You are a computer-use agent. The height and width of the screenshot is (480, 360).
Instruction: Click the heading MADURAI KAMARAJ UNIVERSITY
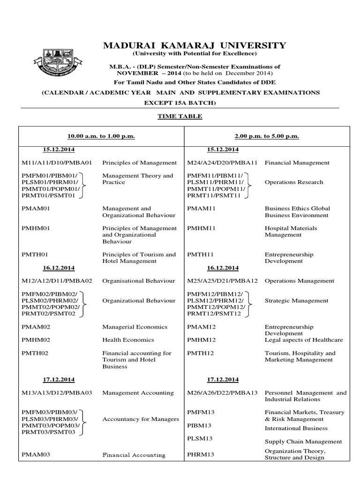pyautogui.click(x=194, y=45)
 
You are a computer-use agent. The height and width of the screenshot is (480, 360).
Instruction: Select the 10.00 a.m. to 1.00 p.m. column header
pyautogui.click(x=101, y=136)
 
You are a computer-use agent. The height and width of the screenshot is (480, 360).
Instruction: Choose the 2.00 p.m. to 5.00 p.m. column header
pyautogui.click(x=267, y=136)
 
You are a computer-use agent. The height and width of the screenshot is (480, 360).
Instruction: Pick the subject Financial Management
pyautogui.click(x=297, y=163)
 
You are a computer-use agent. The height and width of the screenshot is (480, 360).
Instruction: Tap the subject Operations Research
pyautogui.click(x=294, y=182)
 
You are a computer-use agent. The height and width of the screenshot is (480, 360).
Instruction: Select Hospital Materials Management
pyautogui.click(x=291, y=232)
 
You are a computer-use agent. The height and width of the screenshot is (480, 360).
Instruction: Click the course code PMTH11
pyautogui.click(x=201, y=255)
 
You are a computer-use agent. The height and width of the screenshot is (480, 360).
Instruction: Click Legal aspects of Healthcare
pyautogui.click(x=304, y=340)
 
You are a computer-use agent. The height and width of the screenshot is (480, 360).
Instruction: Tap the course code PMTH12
pyautogui.click(x=201, y=353)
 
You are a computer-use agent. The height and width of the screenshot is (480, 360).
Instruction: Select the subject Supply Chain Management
pyautogui.click(x=303, y=442)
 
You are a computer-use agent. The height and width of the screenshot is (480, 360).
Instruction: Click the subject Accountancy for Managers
pyautogui.click(x=141, y=419)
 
